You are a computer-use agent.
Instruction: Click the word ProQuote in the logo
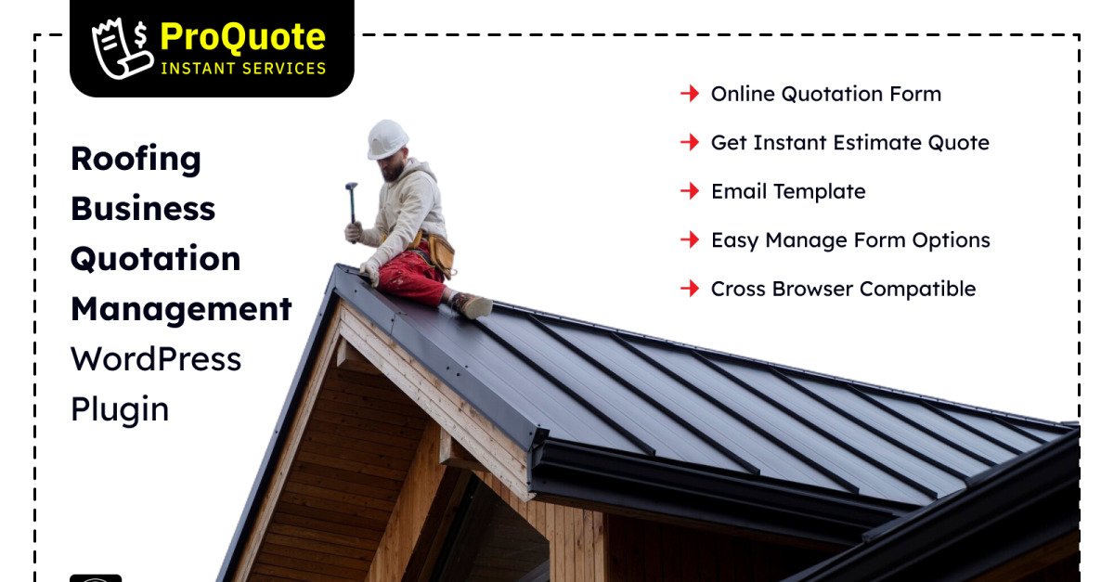pos(242,38)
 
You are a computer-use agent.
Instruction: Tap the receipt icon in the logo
pos(121,50)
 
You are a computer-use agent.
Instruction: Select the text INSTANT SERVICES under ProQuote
pos(243,69)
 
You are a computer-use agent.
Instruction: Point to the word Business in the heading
pos(143,208)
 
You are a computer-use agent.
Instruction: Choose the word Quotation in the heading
pos(156,259)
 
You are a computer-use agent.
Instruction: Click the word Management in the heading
pos(182,309)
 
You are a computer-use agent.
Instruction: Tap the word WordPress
pos(156,358)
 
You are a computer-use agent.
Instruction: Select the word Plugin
pos(120,410)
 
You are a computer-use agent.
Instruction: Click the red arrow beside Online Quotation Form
pos(690,94)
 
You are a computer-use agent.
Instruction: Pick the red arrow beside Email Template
pos(690,191)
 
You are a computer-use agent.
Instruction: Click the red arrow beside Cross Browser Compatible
pos(690,289)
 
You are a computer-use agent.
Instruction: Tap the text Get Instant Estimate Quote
pos(850,143)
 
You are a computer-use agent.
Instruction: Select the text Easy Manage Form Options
pos(851,240)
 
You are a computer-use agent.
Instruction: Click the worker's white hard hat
pos(387,139)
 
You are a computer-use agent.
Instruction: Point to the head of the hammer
pos(352,186)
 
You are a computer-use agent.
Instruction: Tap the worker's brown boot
pos(471,305)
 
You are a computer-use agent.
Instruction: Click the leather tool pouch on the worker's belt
pos(441,254)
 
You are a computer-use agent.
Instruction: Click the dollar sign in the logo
pos(141,35)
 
